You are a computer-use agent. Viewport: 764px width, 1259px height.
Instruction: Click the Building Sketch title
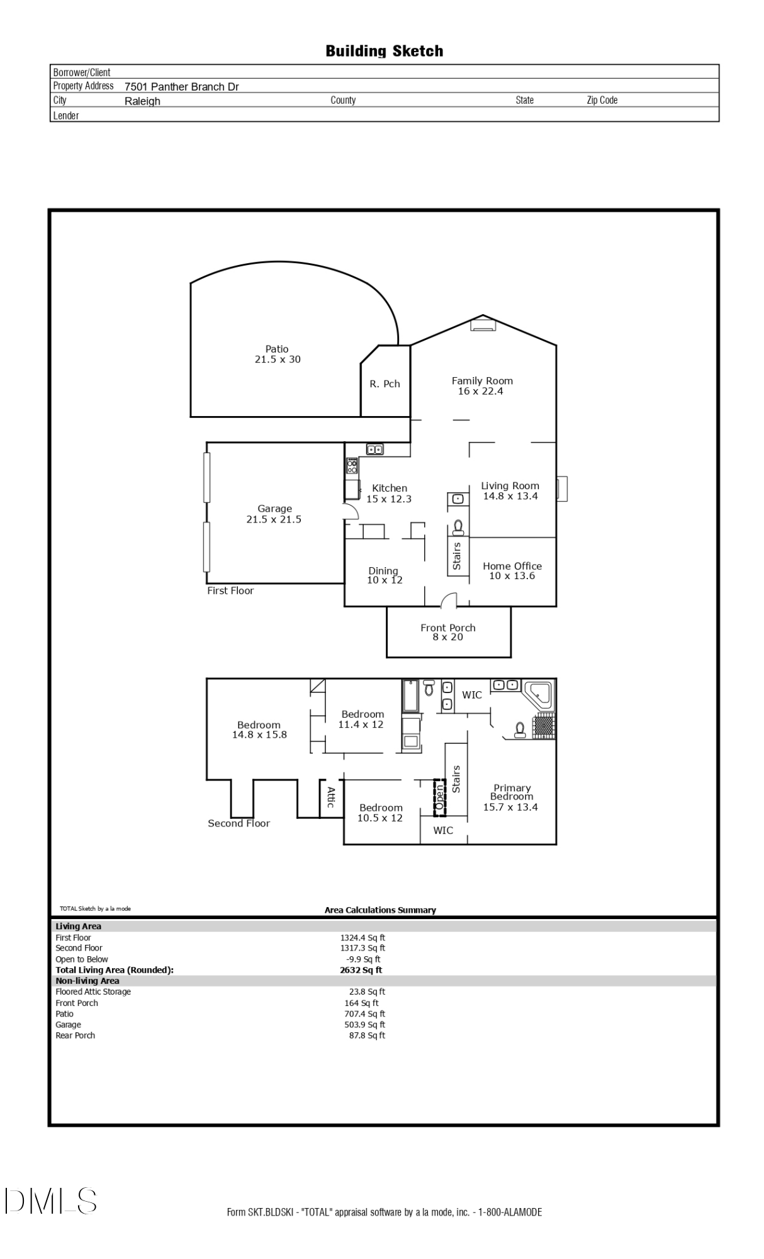pos(384,51)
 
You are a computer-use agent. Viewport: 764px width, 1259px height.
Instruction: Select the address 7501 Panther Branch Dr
pos(181,87)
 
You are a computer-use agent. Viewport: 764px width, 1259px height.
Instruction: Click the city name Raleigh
pos(142,101)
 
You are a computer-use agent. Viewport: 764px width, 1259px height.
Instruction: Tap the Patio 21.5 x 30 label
pos(277,354)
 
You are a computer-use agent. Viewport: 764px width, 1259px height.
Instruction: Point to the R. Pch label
pos(385,384)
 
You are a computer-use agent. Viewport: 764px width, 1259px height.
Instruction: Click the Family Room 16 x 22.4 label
pos(481,386)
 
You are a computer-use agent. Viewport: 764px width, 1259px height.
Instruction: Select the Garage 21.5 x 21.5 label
pos(274,514)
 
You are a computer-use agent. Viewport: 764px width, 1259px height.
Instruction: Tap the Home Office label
pos(512,570)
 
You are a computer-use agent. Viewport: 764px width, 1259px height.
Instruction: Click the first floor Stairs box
pos(458,556)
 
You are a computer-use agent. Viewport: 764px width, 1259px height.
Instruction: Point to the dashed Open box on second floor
pos(439,798)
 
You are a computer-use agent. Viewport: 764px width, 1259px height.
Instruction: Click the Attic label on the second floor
pos(331,798)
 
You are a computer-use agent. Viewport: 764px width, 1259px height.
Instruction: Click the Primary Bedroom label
pos(511,797)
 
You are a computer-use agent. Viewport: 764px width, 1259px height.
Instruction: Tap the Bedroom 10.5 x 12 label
pos(380,813)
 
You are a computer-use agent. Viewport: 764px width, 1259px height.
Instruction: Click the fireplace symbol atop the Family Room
pos(483,325)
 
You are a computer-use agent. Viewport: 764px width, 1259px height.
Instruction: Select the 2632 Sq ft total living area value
pos(361,970)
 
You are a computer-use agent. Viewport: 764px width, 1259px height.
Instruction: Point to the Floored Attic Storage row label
pos(93,991)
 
